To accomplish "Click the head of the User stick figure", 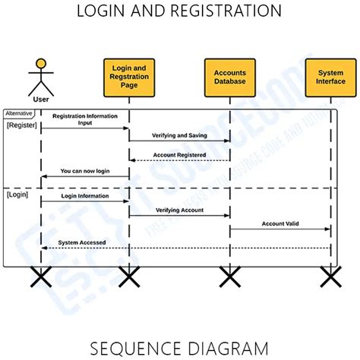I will click(x=41, y=64).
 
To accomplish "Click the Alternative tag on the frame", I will click(x=20, y=112).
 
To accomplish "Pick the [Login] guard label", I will click(x=18, y=195).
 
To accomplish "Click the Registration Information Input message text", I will click(x=84, y=118).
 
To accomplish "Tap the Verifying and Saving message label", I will click(x=179, y=134).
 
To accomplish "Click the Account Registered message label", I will click(x=179, y=154).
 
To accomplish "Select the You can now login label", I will click(x=85, y=171).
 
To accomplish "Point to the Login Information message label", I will click(x=85, y=195).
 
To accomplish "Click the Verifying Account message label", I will click(x=179, y=210).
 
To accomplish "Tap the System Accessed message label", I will click(x=82, y=242).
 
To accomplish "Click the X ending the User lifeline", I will click(x=41, y=277).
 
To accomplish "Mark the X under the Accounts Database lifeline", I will click(x=229, y=277).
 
